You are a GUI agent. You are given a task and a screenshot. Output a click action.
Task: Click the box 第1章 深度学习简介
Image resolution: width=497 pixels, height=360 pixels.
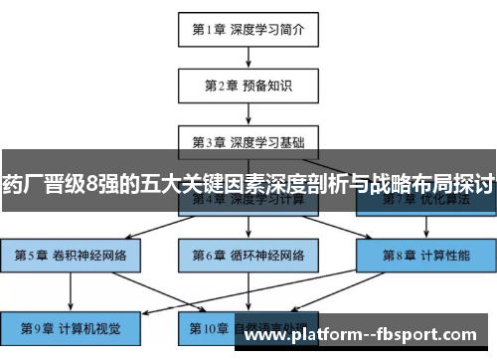(248, 29)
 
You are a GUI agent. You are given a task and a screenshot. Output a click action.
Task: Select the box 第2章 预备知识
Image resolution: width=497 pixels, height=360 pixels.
(248, 85)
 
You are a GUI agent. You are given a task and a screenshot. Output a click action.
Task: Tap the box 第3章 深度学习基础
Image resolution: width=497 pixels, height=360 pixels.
(248, 140)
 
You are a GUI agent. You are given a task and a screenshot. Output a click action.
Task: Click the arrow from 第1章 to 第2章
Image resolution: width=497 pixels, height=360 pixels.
(248, 56)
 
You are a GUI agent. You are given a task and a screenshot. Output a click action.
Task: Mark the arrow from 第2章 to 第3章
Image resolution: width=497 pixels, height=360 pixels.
(248, 111)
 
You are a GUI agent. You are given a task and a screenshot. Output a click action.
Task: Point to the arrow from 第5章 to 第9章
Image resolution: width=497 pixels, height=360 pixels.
(71, 290)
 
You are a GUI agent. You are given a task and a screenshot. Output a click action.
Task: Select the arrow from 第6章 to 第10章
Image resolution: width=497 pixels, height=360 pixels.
(248, 290)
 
